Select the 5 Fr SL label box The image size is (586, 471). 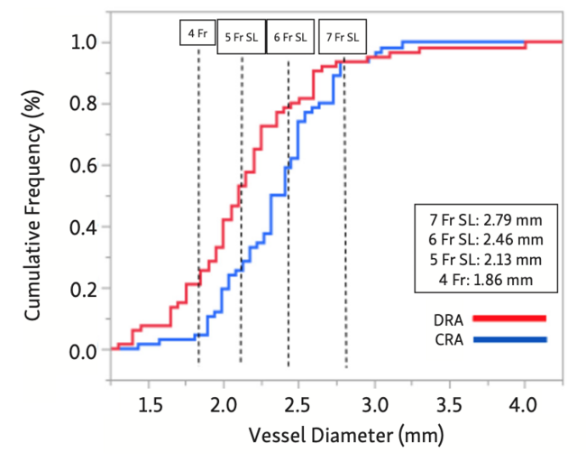(242, 38)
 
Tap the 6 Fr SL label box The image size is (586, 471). (290, 38)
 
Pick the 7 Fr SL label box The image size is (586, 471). (342, 38)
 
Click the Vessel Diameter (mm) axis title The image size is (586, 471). (334, 437)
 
